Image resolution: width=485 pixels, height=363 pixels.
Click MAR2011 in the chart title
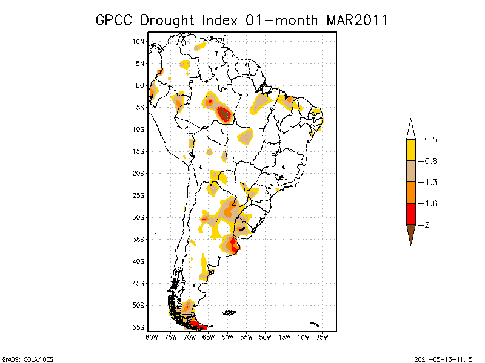click(x=356, y=20)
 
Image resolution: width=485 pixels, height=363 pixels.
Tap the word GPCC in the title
click(x=116, y=20)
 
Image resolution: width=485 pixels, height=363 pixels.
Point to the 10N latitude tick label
click(x=139, y=41)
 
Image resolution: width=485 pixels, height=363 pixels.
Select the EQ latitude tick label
click(x=140, y=85)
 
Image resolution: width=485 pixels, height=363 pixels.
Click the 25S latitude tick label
click(x=139, y=195)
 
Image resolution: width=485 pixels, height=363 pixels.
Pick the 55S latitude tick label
click(x=139, y=327)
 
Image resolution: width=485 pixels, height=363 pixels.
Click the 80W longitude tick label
click(x=151, y=337)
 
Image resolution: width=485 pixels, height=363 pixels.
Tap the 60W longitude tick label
click(x=227, y=337)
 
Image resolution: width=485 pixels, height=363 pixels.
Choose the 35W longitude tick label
click(x=322, y=337)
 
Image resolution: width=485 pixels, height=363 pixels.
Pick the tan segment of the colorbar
click(x=411, y=171)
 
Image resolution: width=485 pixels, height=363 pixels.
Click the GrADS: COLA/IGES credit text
click(x=21, y=358)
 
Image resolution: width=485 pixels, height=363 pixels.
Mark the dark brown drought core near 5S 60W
click(x=224, y=113)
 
